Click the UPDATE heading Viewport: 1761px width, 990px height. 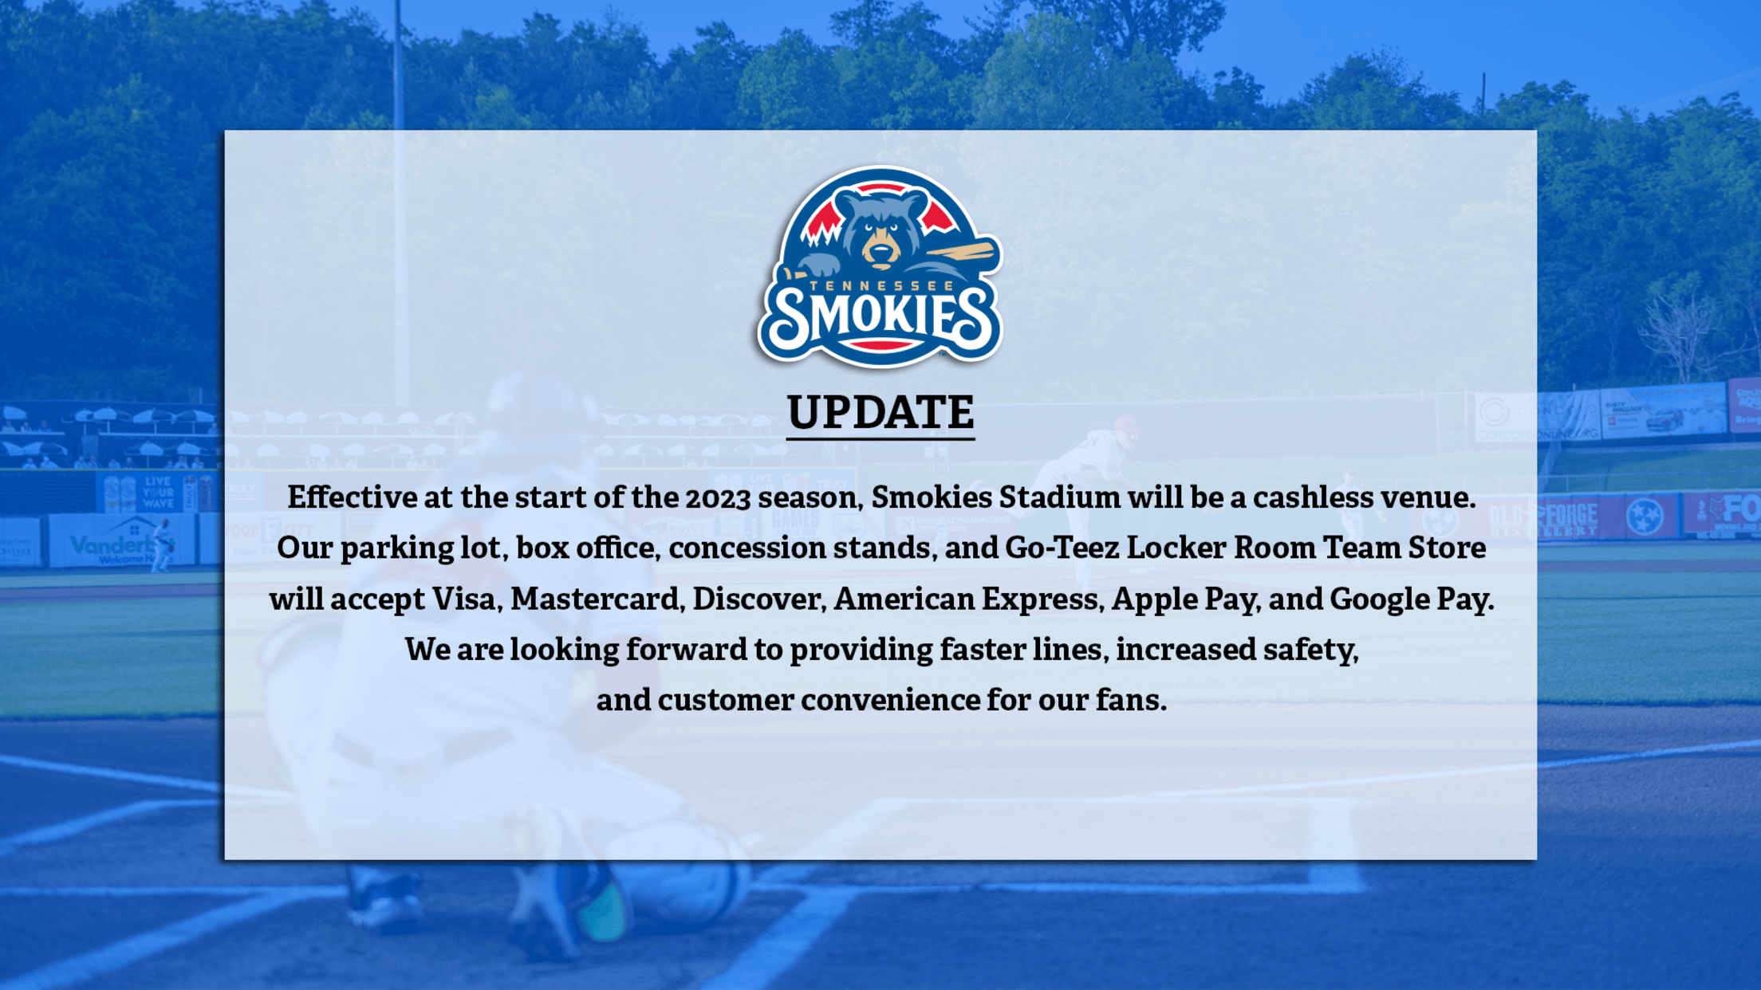coord(880,412)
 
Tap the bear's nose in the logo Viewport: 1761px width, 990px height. coord(880,251)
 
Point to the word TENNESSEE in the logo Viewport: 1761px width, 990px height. coord(881,285)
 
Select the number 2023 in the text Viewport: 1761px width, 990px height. coord(718,498)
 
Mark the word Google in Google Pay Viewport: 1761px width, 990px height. coord(1379,599)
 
